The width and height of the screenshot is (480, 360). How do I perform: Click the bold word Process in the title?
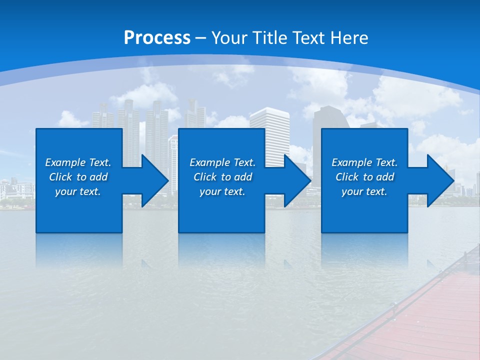(x=157, y=38)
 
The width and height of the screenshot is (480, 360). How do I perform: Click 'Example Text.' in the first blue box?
(x=78, y=162)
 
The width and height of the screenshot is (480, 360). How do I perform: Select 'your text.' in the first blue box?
(x=78, y=191)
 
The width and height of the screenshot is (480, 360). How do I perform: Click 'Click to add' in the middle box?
(x=222, y=177)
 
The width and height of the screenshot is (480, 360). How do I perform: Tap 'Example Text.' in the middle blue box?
(x=222, y=162)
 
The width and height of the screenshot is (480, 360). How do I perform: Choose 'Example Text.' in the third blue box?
(x=364, y=162)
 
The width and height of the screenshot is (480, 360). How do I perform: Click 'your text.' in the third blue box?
(x=364, y=191)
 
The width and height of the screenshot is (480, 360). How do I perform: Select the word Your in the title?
(x=229, y=38)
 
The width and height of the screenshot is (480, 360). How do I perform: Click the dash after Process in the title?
(x=201, y=38)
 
